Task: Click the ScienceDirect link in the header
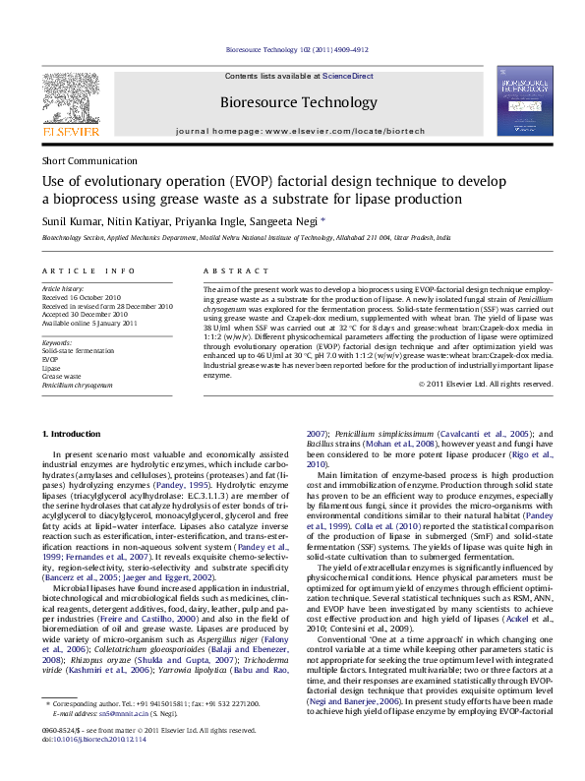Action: click(348, 76)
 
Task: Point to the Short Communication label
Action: click(89, 161)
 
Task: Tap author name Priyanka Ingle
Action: click(205, 221)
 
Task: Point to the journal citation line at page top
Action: click(297, 48)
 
